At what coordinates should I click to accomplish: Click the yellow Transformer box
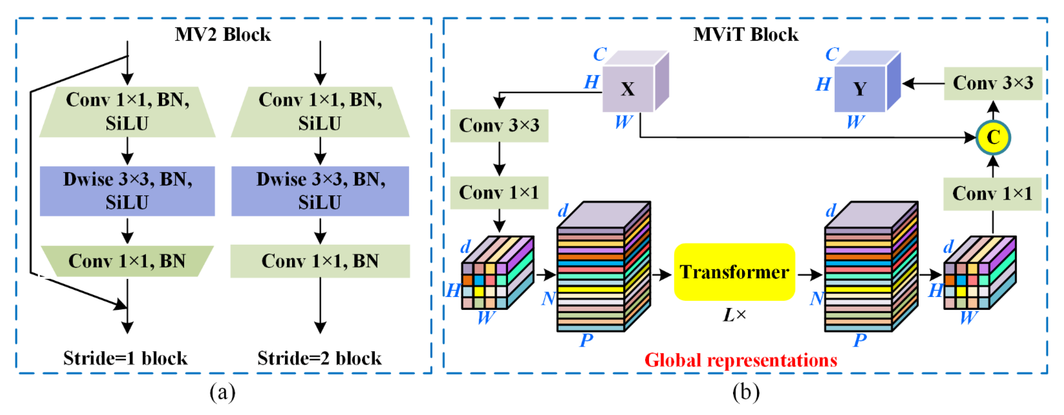[x=734, y=272]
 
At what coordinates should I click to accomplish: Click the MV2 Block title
[x=223, y=34]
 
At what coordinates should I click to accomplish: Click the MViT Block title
[x=746, y=34]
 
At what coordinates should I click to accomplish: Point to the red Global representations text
[x=741, y=360]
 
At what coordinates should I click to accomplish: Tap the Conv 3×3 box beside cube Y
[x=992, y=83]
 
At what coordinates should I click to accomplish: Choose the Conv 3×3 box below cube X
[x=499, y=125]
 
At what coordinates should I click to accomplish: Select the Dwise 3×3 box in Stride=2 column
[x=320, y=191]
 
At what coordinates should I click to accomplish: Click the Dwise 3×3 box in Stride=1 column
[x=127, y=191]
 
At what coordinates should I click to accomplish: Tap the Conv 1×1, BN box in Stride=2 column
[x=320, y=261]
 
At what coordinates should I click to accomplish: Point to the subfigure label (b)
[x=746, y=392]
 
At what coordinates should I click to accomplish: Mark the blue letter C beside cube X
[x=600, y=54]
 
